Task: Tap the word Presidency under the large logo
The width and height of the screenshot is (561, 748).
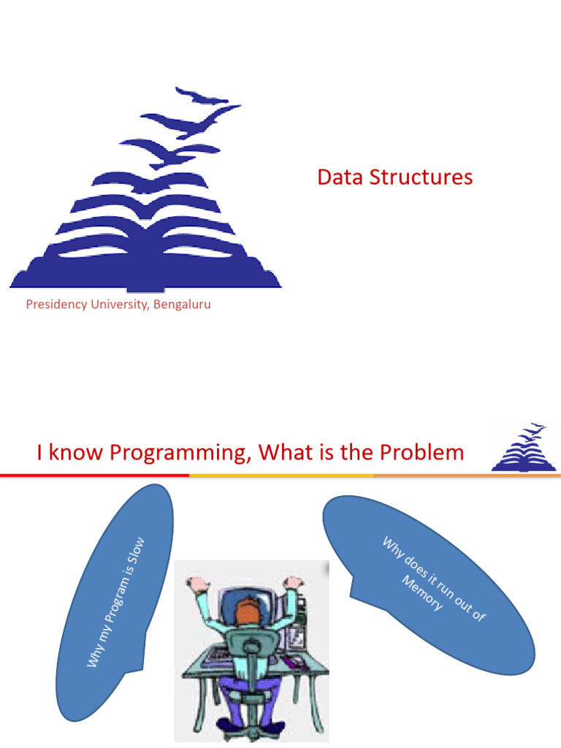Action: (x=56, y=305)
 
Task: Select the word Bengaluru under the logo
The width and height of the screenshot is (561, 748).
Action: (x=183, y=305)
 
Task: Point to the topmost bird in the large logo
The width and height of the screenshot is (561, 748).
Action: (x=202, y=96)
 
